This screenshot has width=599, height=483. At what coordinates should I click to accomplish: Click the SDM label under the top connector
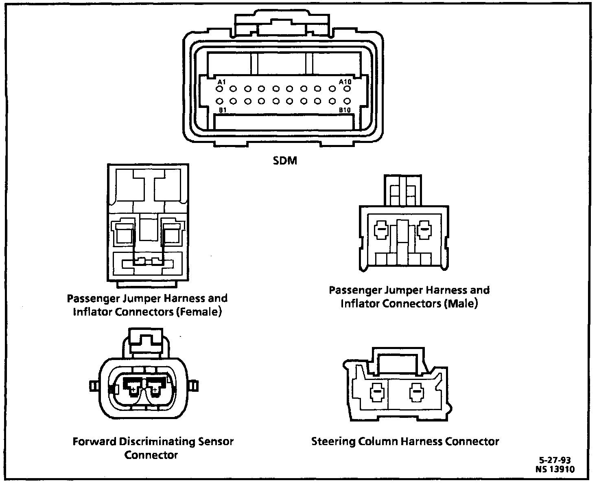click(x=285, y=161)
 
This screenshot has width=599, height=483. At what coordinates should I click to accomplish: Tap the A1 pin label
click(x=221, y=82)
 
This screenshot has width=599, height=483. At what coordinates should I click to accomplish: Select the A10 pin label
click(x=345, y=82)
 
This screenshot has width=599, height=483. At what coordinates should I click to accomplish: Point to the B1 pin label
click(x=223, y=110)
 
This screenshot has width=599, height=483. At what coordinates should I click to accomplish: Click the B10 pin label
click(x=345, y=110)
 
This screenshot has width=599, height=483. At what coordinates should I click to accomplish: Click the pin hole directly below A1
click(x=220, y=88)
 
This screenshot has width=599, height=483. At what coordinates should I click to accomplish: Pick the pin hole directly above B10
click(x=347, y=101)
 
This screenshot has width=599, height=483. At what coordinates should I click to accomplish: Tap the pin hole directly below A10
click(x=347, y=88)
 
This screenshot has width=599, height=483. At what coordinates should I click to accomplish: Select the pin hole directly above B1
click(x=220, y=101)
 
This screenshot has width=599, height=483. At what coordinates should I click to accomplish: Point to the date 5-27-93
click(x=555, y=460)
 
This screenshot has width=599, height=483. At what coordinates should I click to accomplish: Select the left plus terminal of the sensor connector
click(x=133, y=390)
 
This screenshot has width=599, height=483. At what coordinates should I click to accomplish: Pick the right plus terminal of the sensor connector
click(x=155, y=390)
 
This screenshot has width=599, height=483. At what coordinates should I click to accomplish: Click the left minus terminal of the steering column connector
click(x=377, y=393)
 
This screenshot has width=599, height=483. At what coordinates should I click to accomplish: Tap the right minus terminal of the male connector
click(x=424, y=229)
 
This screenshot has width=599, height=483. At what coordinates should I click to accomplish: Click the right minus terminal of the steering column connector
click(x=416, y=393)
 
